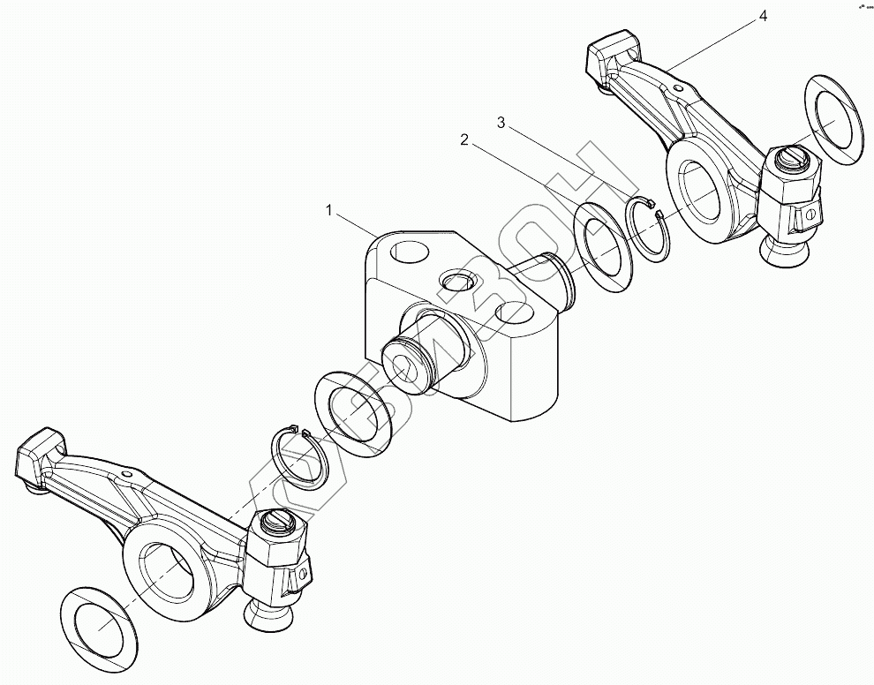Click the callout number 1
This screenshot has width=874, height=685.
click(329, 211)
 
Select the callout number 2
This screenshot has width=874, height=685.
click(462, 139)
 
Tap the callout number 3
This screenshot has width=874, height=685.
click(501, 124)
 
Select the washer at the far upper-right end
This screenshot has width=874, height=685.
click(834, 119)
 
